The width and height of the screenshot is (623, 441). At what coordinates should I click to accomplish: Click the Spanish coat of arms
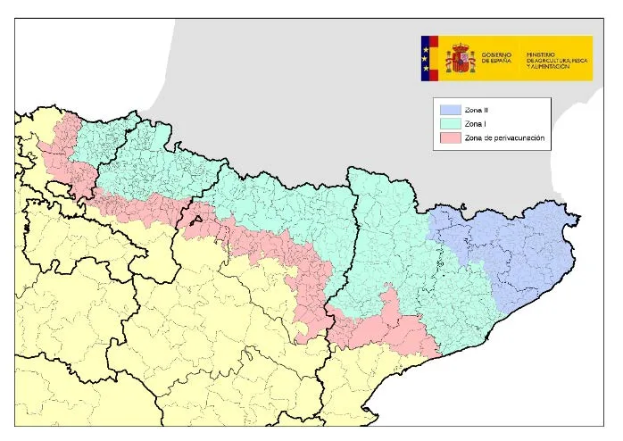tap(461, 58)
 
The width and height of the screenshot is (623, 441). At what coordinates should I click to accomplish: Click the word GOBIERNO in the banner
tap(496, 54)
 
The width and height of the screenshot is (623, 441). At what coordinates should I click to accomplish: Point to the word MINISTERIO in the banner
tap(542, 54)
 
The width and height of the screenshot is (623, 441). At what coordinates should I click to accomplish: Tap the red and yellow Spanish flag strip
tap(435, 58)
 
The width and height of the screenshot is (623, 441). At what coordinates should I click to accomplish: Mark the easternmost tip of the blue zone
tap(580, 218)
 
